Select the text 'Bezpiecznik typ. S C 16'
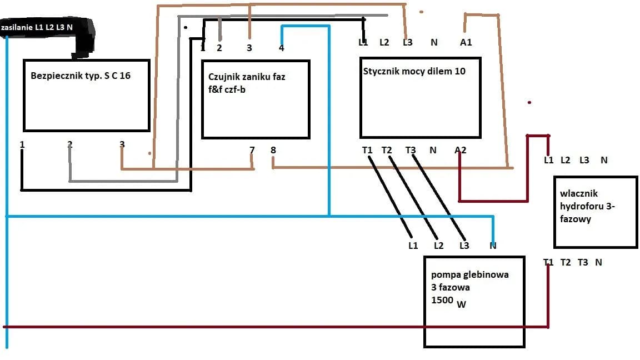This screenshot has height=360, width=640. (81, 75)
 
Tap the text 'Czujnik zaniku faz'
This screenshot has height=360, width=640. (247, 77)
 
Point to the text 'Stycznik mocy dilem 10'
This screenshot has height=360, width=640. (414, 71)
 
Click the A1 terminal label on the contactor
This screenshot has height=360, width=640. (466, 42)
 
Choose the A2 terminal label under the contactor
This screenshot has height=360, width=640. (460, 150)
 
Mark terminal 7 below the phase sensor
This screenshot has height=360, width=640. (252, 150)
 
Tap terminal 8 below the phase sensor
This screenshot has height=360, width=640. (273, 150)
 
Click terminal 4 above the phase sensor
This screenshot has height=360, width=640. (281, 48)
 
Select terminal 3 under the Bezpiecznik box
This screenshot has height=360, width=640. (122, 144)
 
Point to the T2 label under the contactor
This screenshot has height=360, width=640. (387, 150)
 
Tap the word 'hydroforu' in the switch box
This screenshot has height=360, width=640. (584, 206)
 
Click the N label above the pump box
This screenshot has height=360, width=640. (493, 246)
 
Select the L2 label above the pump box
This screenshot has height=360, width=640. (438, 246)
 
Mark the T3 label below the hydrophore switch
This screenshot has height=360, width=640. (582, 262)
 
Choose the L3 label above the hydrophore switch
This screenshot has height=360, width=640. (584, 160)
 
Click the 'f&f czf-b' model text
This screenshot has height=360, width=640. (227, 89)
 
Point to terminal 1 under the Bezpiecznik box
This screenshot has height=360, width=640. (22, 144)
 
